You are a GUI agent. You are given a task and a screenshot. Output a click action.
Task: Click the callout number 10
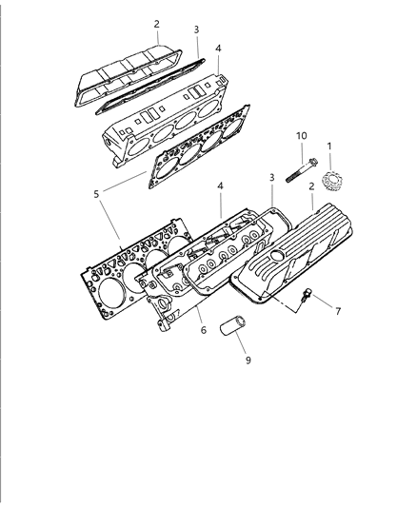point(301,136)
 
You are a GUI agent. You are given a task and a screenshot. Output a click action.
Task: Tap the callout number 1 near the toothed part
point(329,146)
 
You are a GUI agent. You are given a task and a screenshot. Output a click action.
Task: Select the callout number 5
point(96,194)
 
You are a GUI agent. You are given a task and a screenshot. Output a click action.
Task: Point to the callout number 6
point(203,330)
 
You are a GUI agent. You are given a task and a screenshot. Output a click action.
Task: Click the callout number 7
point(338,311)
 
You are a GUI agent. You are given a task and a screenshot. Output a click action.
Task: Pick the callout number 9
point(248,361)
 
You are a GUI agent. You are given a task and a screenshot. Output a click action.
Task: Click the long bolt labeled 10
point(302,170)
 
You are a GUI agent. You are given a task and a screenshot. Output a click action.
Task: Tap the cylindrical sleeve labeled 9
point(232,325)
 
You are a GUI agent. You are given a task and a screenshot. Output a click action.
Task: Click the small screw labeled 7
point(305,295)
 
